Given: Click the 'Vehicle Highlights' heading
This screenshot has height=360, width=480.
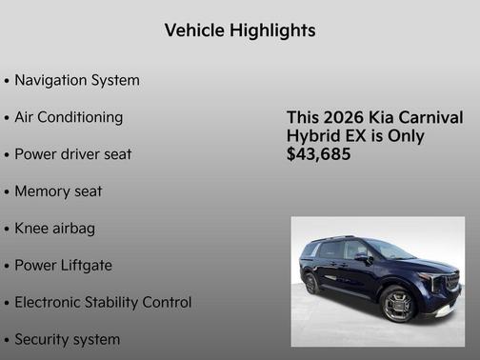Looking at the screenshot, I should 240,30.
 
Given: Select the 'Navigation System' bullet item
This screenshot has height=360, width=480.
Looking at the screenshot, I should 76,80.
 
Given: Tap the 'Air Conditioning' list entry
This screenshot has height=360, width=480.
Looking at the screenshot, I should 69,117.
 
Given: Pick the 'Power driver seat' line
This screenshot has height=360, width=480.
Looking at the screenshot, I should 72,154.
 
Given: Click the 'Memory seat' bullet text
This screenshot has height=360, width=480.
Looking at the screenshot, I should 58,191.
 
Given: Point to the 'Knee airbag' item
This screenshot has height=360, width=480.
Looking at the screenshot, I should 54,229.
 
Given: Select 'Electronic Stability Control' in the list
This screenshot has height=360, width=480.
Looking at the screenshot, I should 103,302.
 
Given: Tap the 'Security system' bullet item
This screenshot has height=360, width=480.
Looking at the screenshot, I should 67,339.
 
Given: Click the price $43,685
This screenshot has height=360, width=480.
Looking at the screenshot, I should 318,153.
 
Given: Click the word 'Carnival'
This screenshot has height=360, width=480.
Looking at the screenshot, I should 430,117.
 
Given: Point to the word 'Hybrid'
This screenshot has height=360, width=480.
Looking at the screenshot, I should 312,135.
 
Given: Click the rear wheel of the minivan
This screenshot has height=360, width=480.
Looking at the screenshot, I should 310,283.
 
